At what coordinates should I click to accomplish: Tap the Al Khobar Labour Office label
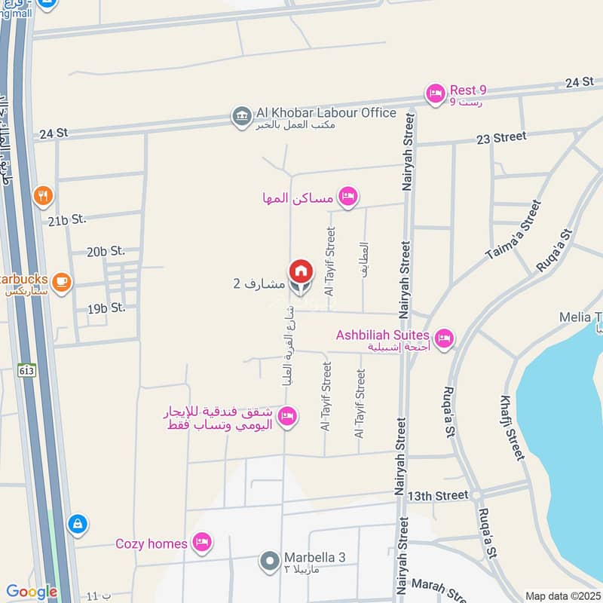pyautogui.click(x=326, y=113)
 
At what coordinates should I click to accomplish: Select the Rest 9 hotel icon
pyautogui.click(x=435, y=93)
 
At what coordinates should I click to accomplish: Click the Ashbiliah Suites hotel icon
pyautogui.click(x=444, y=336)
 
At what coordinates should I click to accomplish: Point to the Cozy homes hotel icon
pyautogui.click(x=200, y=542)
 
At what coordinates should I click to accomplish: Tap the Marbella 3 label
pyautogui.click(x=314, y=558)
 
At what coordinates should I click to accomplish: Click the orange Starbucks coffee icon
pyautogui.click(x=62, y=283)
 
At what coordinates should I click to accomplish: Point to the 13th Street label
pyautogui.click(x=438, y=495)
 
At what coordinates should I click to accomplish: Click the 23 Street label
pyautogui.click(x=500, y=137)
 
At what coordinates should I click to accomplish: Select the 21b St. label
pyautogui.click(x=67, y=219)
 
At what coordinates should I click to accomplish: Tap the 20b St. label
pyautogui.click(x=106, y=251)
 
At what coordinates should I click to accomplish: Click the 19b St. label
pyautogui.click(x=106, y=308)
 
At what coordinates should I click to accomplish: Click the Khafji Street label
pyautogui.click(x=513, y=427)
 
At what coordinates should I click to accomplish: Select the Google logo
pyautogui.click(x=32, y=592)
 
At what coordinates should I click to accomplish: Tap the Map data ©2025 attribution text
pyautogui.click(x=563, y=595)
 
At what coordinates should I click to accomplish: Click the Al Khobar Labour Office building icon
pyautogui.click(x=242, y=117)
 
